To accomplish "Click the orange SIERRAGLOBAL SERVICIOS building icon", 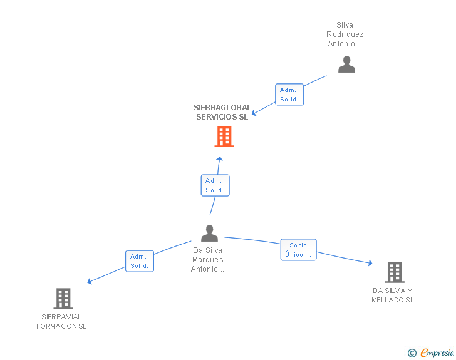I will point(224,136).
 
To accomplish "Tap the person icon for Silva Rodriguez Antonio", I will point(346,64).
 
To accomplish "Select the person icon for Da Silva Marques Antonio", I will point(209,234).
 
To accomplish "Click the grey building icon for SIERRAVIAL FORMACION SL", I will point(63,299).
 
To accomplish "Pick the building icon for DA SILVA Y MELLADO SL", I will point(394,272).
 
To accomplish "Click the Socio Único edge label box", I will point(299,250).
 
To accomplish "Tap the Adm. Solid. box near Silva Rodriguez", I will point(289,95).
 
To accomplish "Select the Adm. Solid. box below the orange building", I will point(215,185).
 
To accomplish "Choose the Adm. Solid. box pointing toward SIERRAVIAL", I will point(139,261).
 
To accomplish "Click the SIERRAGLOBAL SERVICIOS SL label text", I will point(222,112).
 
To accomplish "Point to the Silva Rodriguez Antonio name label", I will point(345,34).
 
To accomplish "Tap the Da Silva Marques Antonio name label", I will point(208,260).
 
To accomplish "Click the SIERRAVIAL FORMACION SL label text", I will point(61,321).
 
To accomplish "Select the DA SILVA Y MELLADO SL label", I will point(393,295).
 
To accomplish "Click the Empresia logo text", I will point(437,353).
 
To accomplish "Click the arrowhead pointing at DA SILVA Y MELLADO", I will point(370,264).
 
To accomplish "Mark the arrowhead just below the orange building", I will point(219,158).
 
